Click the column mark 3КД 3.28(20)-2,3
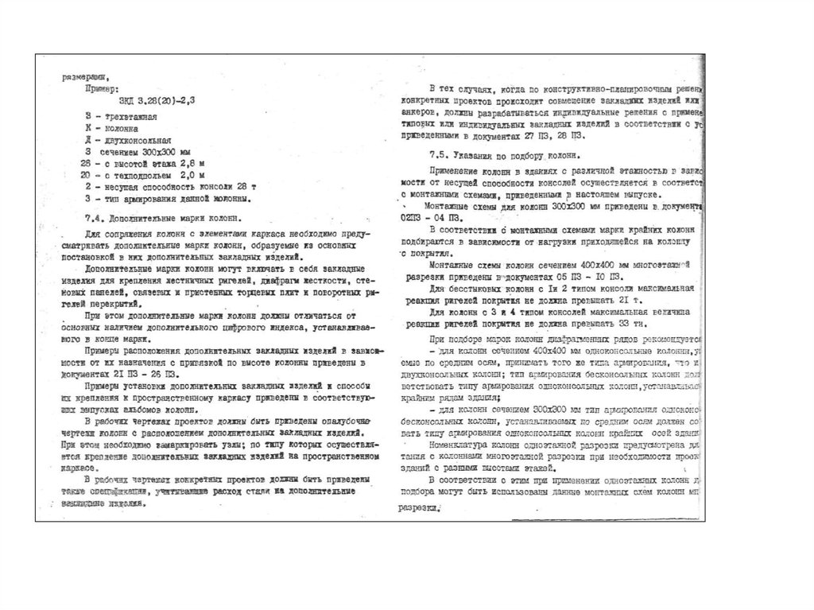156,101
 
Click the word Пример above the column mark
102,89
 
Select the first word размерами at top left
86,77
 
